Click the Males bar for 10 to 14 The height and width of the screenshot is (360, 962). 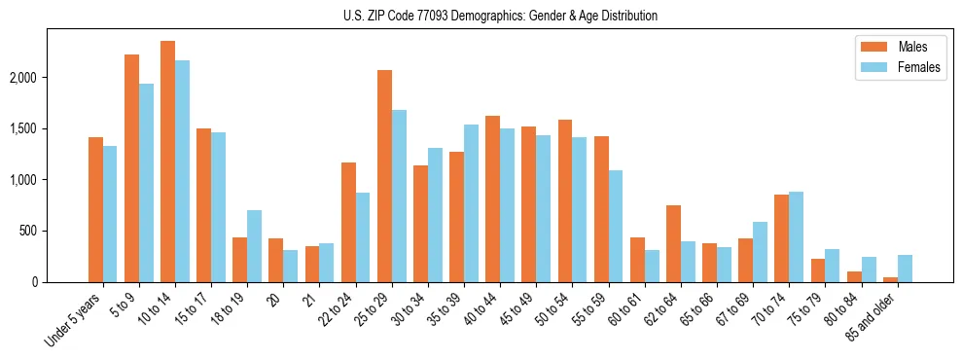pos(167,162)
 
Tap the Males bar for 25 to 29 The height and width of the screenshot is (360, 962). pos(384,176)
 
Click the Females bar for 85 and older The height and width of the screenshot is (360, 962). pos(905,269)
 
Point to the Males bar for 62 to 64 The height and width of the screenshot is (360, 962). pos(673,243)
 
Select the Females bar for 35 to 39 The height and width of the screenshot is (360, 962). pos(471,203)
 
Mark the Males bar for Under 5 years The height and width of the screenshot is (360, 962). pos(95,209)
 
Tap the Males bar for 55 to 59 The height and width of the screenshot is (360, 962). pos(601,209)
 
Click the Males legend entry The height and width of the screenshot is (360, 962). pos(896,47)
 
